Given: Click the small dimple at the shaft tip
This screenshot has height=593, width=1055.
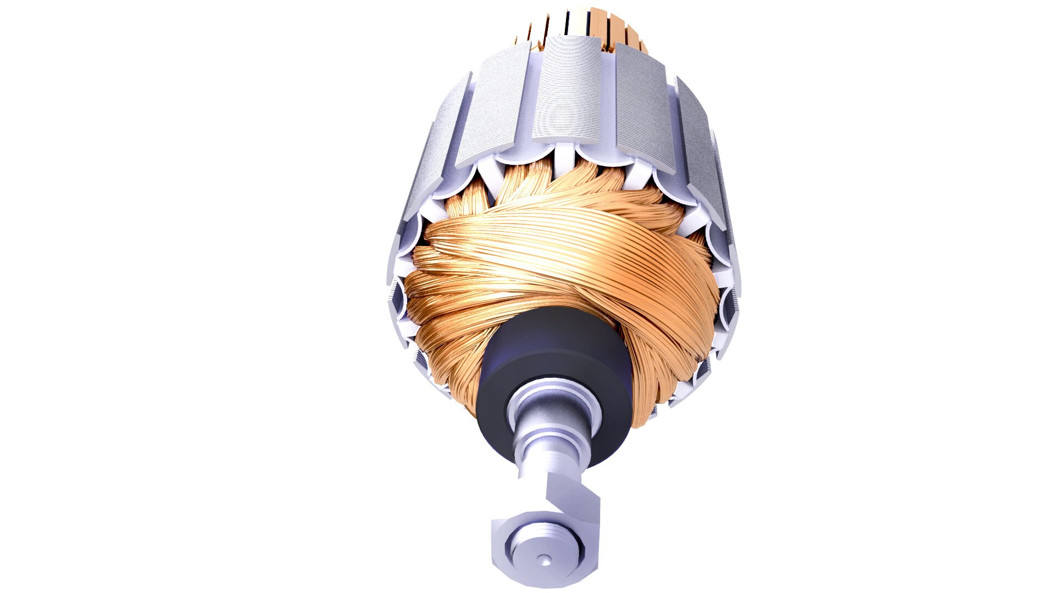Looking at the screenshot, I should tap(544, 560).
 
